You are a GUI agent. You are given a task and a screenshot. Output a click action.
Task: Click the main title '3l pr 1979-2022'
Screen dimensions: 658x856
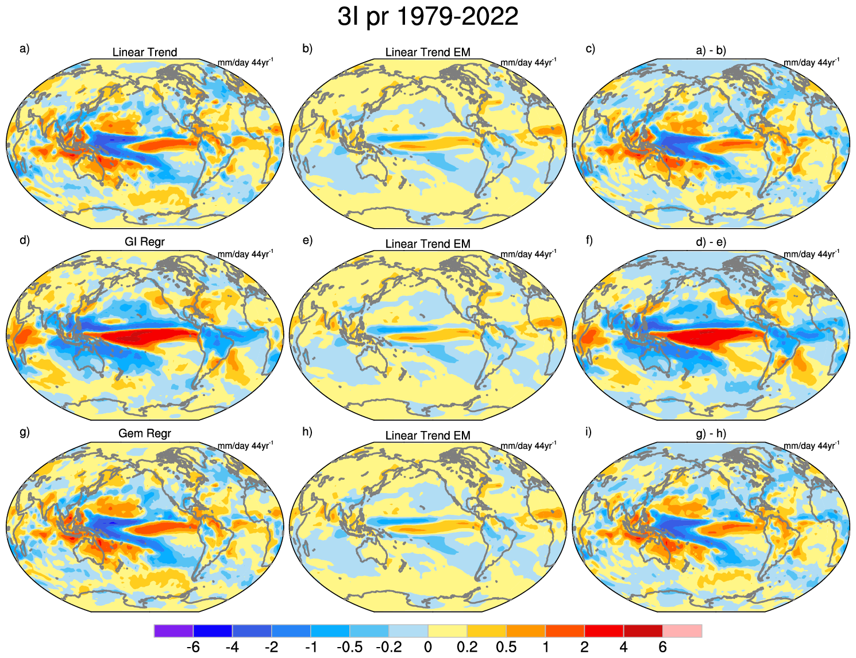[x=428, y=17]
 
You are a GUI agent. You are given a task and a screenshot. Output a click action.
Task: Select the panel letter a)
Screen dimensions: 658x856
[x=24, y=49]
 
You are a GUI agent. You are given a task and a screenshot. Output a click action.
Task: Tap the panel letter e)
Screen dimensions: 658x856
[x=307, y=240]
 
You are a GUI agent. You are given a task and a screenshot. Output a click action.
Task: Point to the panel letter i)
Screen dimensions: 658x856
[x=588, y=432]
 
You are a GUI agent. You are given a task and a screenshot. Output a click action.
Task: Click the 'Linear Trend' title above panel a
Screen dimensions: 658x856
[x=145, y=52]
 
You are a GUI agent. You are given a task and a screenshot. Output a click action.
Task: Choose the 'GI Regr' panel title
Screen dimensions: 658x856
[x=145, y=242]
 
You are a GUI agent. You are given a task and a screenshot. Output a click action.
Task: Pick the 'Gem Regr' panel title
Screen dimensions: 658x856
[x=145, y=433]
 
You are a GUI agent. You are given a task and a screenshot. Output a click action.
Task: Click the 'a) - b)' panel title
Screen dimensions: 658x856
[x=711, y=51]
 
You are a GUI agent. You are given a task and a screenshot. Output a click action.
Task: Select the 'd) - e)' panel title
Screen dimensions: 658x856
[x=711, y=242]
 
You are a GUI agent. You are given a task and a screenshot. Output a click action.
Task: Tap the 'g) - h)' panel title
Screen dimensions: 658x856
[x=711, y=433]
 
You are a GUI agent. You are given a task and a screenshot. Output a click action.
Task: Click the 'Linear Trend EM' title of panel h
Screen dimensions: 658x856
[x=428, y=436]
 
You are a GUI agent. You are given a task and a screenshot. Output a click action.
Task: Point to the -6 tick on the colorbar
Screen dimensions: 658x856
[x=193, y=648]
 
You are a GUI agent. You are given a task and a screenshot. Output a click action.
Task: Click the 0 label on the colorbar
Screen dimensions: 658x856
[x=428, y=648]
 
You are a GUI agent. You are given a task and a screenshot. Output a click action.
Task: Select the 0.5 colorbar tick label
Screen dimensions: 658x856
[x=506, y=648]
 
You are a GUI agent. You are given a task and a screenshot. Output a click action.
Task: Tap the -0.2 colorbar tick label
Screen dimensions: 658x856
[x=388, y=648]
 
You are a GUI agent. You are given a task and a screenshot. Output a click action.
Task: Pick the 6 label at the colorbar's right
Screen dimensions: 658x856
[x=662, y=648]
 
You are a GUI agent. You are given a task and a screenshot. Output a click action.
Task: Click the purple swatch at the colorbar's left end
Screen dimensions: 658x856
[x=173, y=631]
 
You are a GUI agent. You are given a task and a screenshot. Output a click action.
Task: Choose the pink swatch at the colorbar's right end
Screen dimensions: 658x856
[x=683, y=631]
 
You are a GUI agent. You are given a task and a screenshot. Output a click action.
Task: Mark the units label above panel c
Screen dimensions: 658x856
[x=811, y=63]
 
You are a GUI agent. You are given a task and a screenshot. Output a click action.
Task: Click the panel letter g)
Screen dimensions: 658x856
[x=24, y=432]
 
